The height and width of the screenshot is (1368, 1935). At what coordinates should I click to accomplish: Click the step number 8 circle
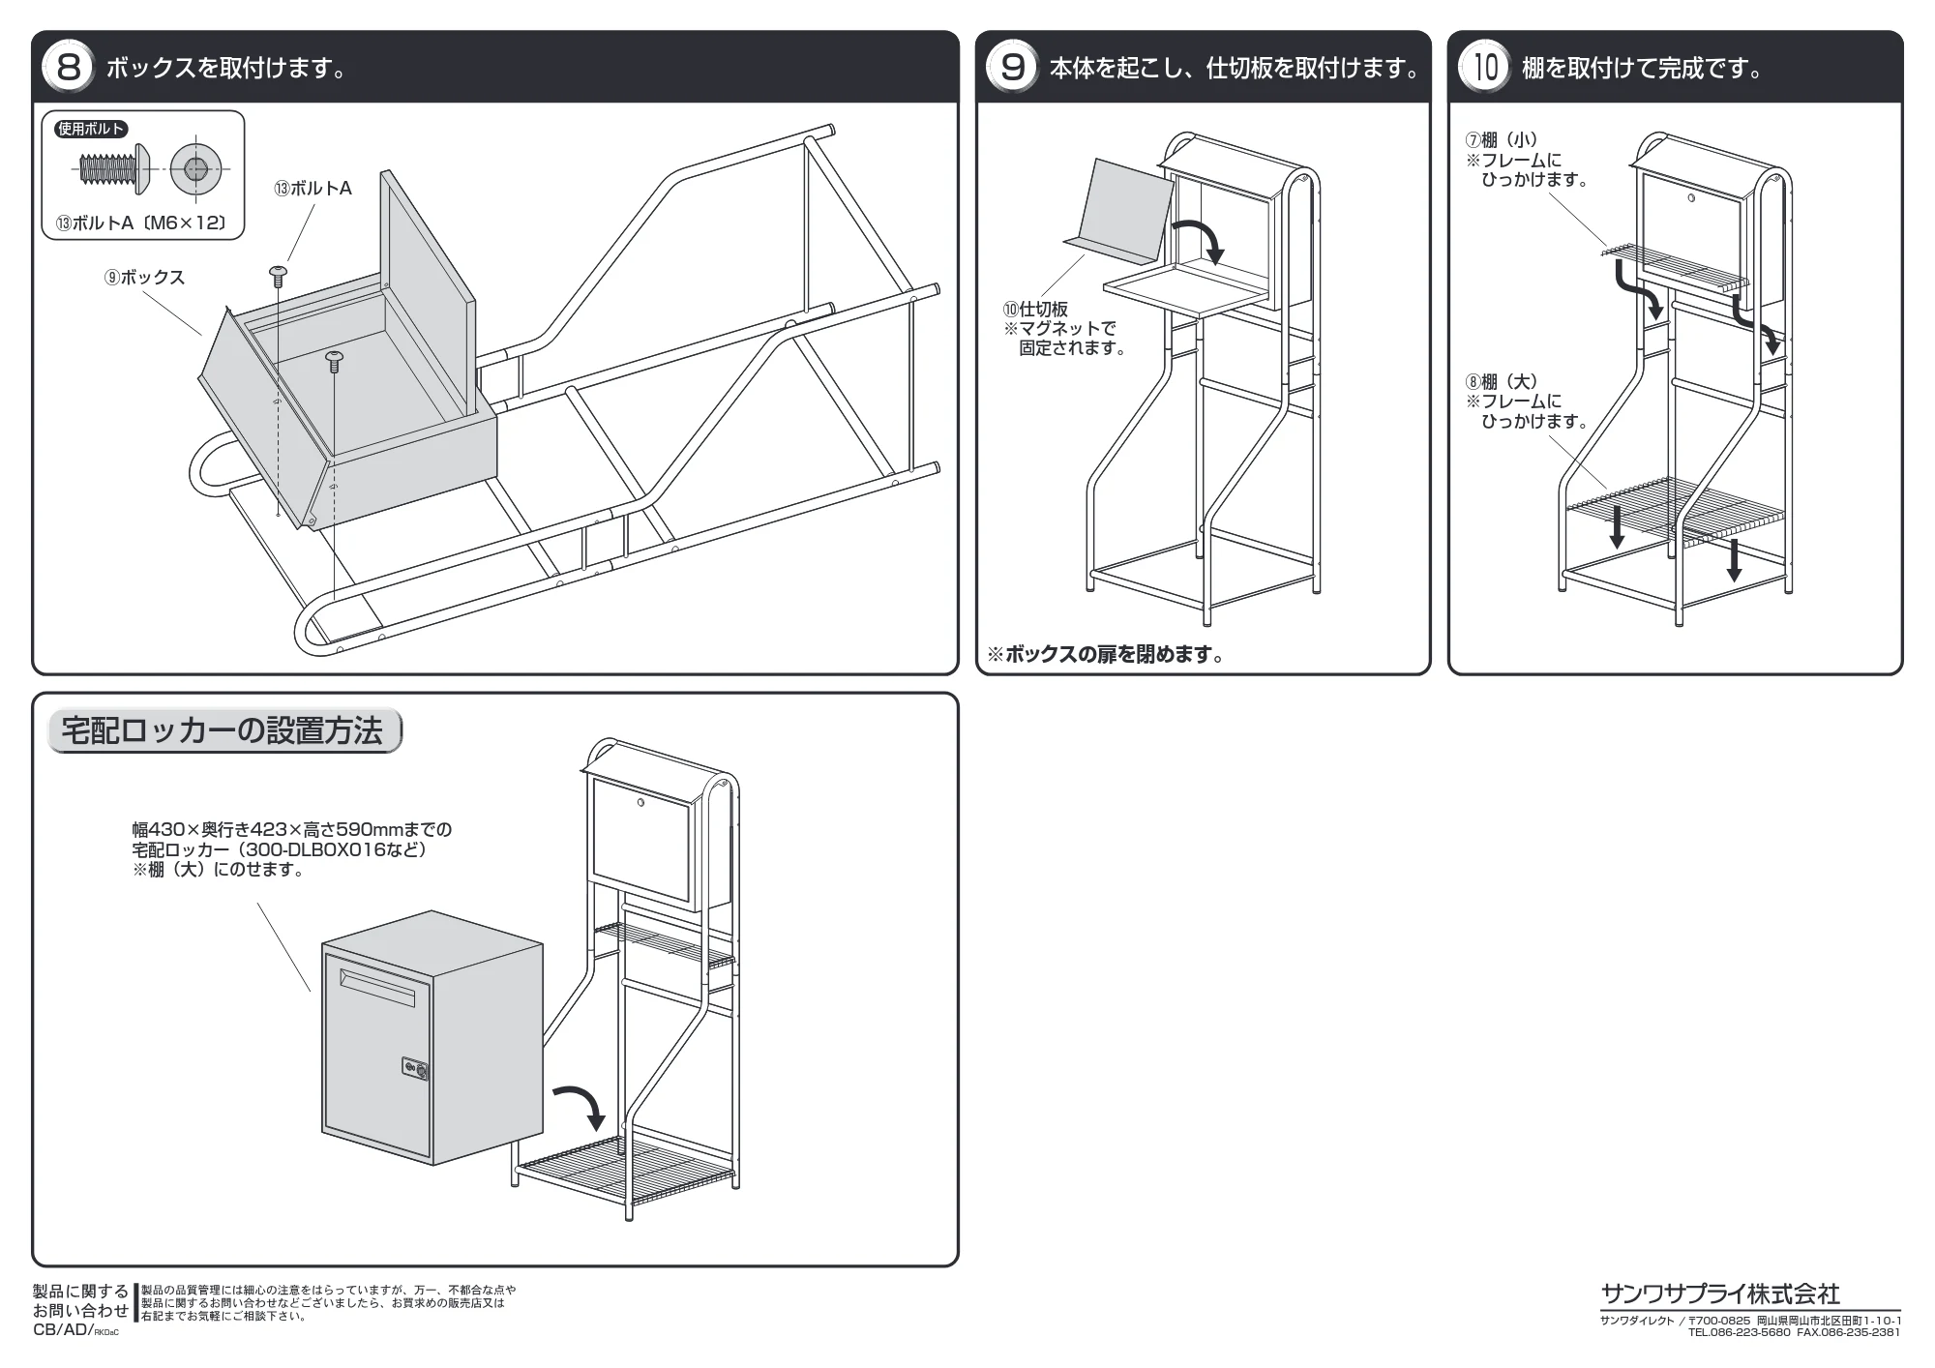point(68,68)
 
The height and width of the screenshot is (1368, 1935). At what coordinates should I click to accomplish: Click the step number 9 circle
point(1012,68)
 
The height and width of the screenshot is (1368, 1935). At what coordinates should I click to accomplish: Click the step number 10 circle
point(1484,68)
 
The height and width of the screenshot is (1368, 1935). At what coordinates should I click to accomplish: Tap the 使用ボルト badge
point(92,129)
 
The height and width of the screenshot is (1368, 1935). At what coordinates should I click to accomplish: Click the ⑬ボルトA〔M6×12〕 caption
point(142,223)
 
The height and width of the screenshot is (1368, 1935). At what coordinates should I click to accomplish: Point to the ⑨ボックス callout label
point(144,278)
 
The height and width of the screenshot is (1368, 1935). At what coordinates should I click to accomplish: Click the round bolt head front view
point(195,170)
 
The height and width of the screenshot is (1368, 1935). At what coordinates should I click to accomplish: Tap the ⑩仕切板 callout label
point(1035,310)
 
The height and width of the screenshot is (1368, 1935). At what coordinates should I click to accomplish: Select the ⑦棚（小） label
point(1502,140)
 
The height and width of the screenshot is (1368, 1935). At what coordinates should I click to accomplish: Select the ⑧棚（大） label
point(1502,381)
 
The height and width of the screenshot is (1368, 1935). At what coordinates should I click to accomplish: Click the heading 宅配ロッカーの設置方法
point(223,731)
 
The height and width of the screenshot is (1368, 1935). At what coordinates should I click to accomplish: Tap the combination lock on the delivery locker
point(415,1069)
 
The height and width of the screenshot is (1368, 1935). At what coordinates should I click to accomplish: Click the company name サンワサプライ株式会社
point(1720,1294)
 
